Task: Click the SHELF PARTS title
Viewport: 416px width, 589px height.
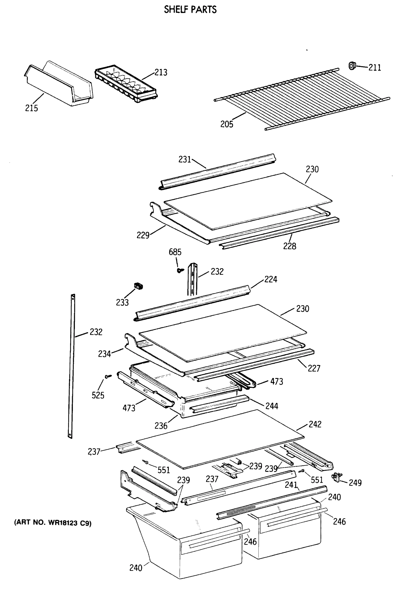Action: tap(190, 10)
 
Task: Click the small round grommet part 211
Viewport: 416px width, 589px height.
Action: tap(352, 66)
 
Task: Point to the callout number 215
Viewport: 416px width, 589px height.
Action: tap(31, 108)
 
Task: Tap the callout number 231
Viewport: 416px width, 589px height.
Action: tap(185, 160)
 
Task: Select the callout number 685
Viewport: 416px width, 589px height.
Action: tap(175, 252)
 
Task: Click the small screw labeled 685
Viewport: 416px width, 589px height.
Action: tap(180, 270)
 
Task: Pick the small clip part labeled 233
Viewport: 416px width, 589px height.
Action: tap(138, 286)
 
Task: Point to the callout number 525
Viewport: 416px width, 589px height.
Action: tap(98, 395)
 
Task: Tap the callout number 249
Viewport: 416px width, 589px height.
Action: tap(355, 483)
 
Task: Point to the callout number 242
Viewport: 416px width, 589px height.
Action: tap(315, 424)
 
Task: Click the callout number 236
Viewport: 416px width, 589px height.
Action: tap(161, 426)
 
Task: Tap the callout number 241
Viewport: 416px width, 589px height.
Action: tap(291, 485)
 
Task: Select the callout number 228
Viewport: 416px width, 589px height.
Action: tap(289, 246)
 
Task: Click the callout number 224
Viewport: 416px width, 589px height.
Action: tap(271, 279)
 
